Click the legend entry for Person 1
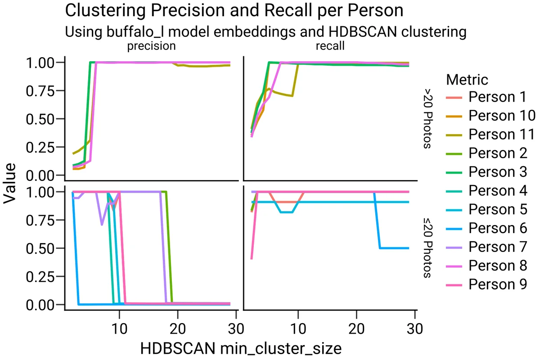click(491, 97)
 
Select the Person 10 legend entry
click(495, 116)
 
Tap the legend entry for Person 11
click(495, 135)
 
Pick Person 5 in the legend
click(491, 209)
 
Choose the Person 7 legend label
click(491, 247)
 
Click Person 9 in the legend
click(491, 284)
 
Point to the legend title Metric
click(467, 80)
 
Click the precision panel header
click(151, 46)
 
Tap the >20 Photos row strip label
click(427, 118)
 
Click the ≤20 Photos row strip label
click(427, 247)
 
